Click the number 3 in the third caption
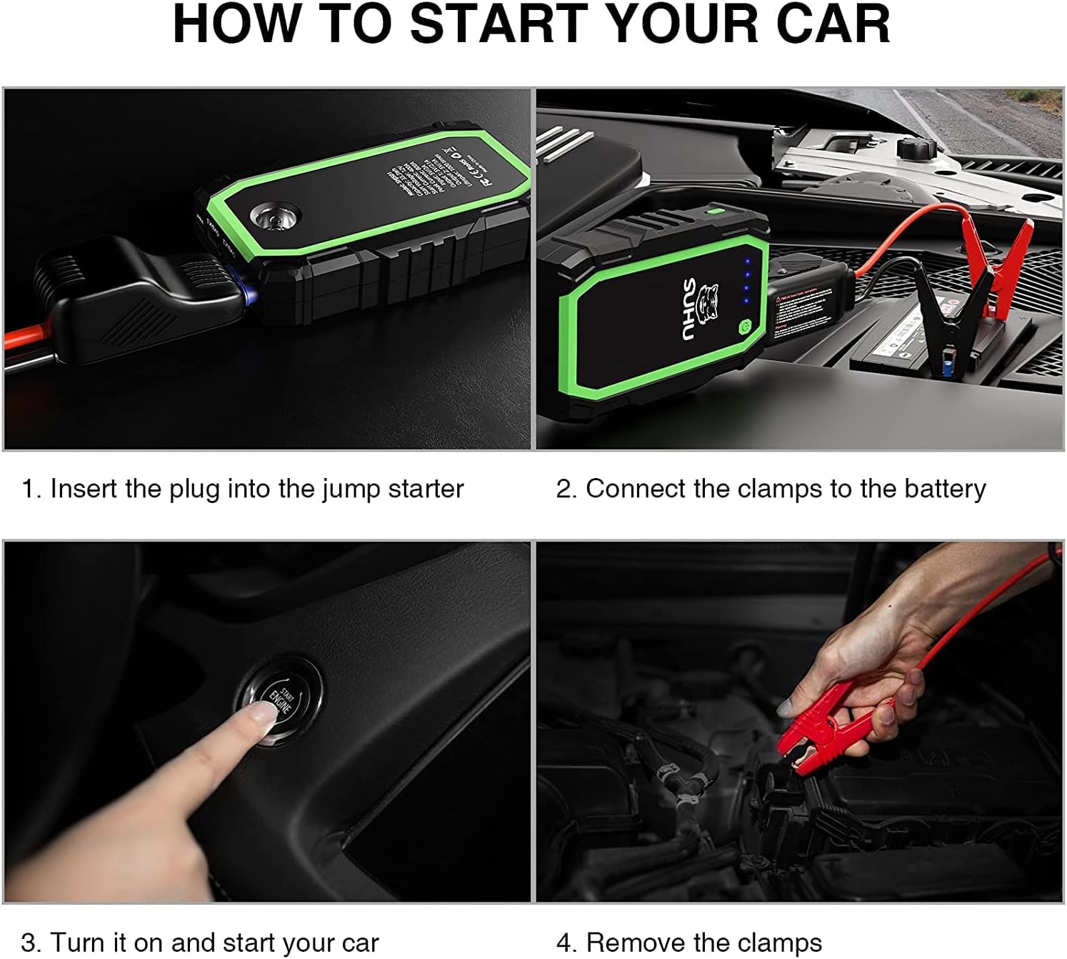click(28, 943)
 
